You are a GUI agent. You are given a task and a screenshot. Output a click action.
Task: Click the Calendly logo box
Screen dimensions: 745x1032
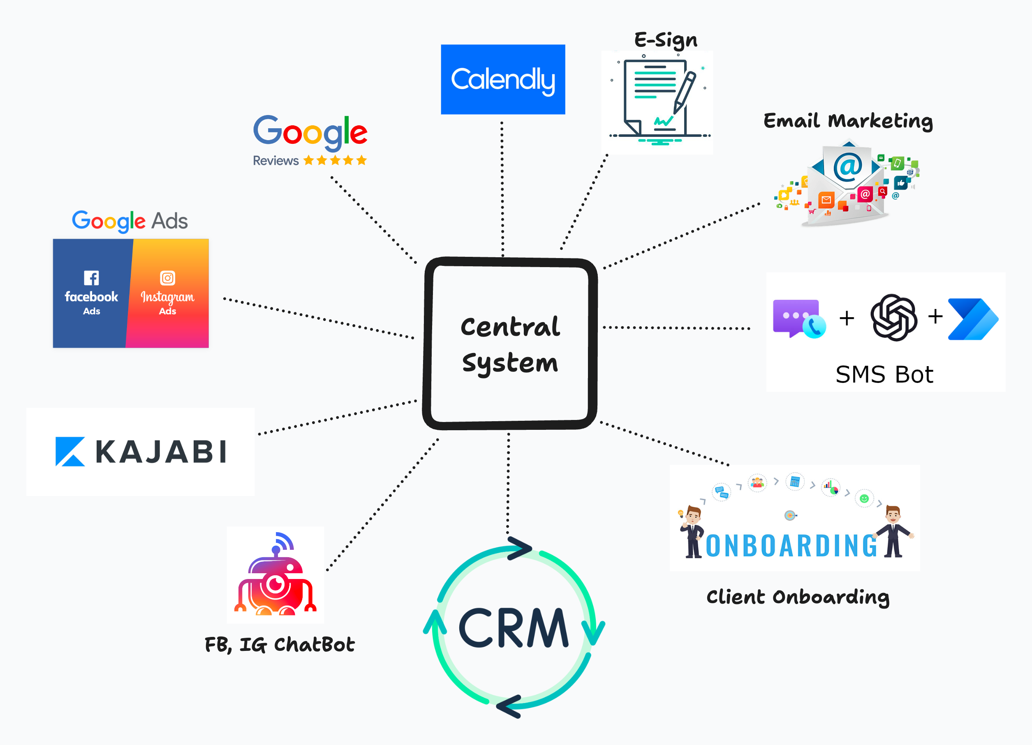pos(503,79)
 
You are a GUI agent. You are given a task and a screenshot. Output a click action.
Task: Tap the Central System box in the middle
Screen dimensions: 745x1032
pos(510,344)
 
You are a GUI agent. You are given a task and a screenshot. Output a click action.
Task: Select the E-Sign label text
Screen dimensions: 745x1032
pos(665,40)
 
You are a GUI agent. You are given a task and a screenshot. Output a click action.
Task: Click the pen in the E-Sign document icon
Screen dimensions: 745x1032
pos(685,91)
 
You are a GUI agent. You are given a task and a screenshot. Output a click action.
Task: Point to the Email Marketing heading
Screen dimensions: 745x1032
pos(848,121)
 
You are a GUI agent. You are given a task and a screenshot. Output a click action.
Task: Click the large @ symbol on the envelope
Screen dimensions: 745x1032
pos(848,166)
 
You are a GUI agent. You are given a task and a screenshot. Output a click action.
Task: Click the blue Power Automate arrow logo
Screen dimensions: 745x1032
pos(972,319)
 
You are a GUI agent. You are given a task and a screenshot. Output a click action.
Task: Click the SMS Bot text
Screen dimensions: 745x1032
pos(884,374)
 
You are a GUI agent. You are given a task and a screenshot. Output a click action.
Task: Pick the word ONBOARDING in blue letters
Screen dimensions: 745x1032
pos(791,546)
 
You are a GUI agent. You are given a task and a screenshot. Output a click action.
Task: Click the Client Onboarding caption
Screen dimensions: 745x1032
pos(797,597)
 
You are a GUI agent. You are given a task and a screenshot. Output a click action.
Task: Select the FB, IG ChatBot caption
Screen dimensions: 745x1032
pos(280,644)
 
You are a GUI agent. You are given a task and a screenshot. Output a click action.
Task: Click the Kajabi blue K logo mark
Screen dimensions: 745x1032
pos(69,451)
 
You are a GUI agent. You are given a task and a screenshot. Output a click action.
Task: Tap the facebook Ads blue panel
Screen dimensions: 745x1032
pos(91,293)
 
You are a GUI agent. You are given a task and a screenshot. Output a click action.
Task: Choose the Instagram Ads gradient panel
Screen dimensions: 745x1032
pos(168,293)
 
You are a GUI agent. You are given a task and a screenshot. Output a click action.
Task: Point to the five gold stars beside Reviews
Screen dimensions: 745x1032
pos(335,160)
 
